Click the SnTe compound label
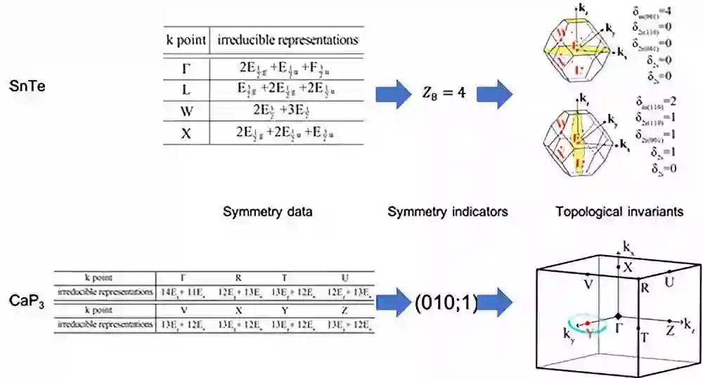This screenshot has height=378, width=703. pos(29,87)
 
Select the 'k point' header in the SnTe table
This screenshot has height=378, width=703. pos(186,40)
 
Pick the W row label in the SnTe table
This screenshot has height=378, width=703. pos(186,110)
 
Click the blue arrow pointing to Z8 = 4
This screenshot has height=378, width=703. pos(394,93)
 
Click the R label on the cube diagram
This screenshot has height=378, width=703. pos(644,286)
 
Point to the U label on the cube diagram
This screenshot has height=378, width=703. pos(669,281)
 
